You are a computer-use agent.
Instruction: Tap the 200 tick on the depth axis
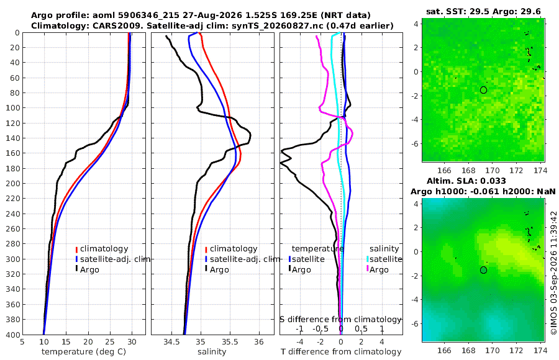(x=15, y=183)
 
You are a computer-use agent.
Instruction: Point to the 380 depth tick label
(x=15, y=320)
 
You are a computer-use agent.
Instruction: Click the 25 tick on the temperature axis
(x=110, y=341)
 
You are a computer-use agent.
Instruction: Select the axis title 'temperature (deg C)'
(x=84, y=352)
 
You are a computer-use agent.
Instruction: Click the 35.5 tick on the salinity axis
(x=230, y=341)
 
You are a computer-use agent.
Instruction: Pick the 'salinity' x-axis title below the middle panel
(x=212, y=352)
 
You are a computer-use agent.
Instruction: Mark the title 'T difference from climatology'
(x=341, y=352)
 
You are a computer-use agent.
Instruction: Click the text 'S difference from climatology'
(x=340, y=320)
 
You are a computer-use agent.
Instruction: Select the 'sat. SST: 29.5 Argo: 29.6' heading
(x=483, y=11)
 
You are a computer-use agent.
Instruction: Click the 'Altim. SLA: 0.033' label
(x=466, y=181)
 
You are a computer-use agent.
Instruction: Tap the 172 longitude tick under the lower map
(x=517, y=350)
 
